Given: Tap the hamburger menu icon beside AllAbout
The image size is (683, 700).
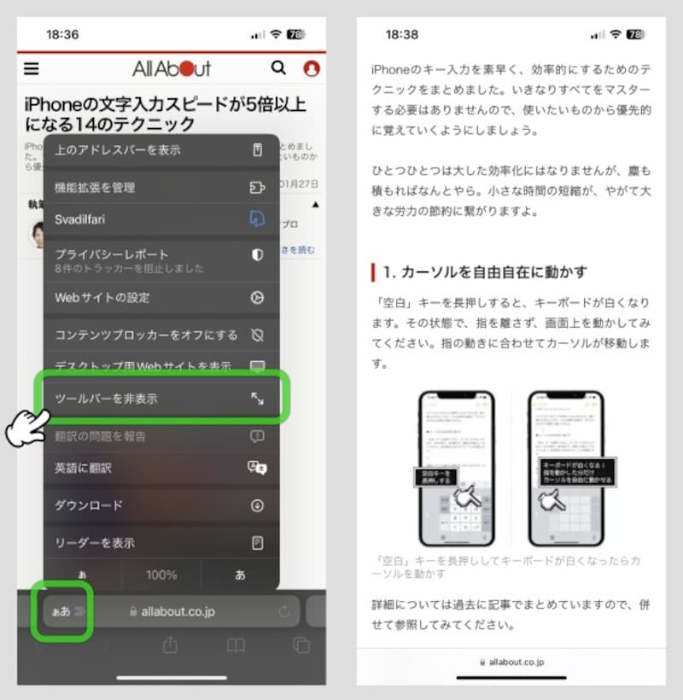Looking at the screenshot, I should [x=32, y=68].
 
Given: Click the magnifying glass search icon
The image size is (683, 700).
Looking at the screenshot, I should [x=278, y=68].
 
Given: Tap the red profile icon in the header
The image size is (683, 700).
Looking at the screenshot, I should [x=311, y=68].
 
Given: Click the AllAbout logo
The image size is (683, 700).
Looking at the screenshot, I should [x=171, y=68].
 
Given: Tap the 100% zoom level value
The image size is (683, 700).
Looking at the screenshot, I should [x=161, y=575].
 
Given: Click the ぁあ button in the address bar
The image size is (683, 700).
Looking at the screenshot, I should [x=61, y=612].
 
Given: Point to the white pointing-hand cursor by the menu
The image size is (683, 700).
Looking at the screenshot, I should [x=26, y=426].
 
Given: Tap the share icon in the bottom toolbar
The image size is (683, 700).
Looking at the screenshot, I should [x=170, y=645].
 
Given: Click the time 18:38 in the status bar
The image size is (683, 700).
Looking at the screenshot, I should [x=401, y=35].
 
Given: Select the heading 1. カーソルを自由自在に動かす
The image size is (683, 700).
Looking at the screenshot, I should [x=484, y=272].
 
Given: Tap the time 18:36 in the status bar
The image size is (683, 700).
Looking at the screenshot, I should [x=61, y=35].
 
